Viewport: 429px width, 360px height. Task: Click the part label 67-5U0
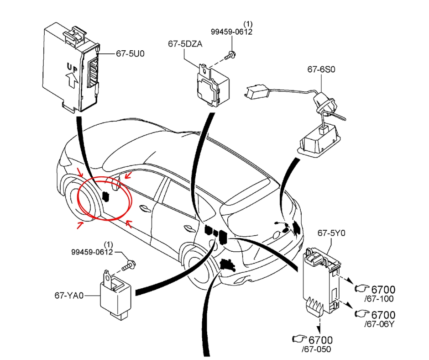(x=130, y=53)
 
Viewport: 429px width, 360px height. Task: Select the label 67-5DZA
(x=185, y=44)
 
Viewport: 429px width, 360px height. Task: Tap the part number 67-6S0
(x=321, y=69)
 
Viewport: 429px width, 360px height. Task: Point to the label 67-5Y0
(x=331, y=233)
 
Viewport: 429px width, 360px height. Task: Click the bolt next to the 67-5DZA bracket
(x=230, y=56)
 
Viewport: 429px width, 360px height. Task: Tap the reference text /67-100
(x=379, y=299)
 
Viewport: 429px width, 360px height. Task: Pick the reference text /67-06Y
(x=379, y=324)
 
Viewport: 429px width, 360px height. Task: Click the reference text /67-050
(x=317, y=349)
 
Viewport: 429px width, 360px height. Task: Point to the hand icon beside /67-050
(x=299, y=339)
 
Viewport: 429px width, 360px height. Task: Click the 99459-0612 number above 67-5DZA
(x=231, y=32)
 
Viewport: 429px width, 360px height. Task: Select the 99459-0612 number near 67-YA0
(x=92, y=252)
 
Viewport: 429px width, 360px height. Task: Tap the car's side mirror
(x=116, y=183)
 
